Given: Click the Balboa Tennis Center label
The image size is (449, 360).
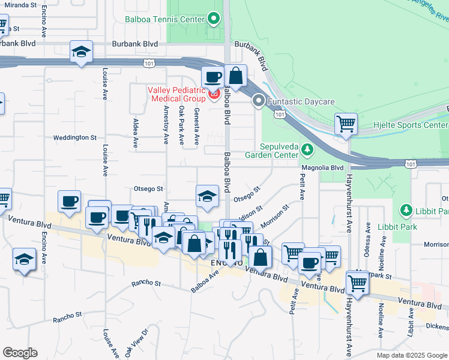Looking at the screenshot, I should pos(164,19).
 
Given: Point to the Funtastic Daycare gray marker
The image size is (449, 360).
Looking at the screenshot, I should pos(259,101).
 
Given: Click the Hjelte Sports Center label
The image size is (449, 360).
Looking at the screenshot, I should pos(419,125).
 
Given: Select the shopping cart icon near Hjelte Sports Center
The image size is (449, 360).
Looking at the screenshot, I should pos(346,124).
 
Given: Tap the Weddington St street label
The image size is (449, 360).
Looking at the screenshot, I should pos(74,137).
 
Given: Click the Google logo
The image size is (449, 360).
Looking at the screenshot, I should pos(20,353).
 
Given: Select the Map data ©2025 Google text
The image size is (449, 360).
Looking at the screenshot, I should pos(412,355).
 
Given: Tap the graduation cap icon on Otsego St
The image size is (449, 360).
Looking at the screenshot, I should pos(207,196).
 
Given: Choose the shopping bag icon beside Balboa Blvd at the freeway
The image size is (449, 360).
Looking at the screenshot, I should pos(237,76).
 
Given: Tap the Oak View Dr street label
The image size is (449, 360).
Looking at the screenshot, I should pos(136,342).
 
